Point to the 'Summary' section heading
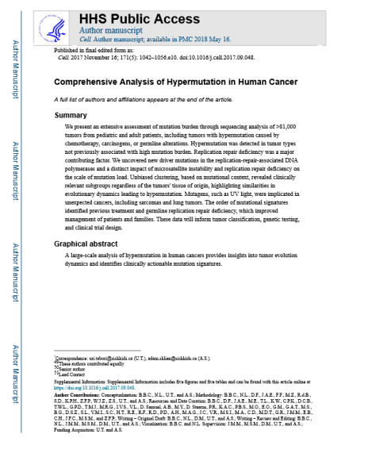[71, 116]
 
